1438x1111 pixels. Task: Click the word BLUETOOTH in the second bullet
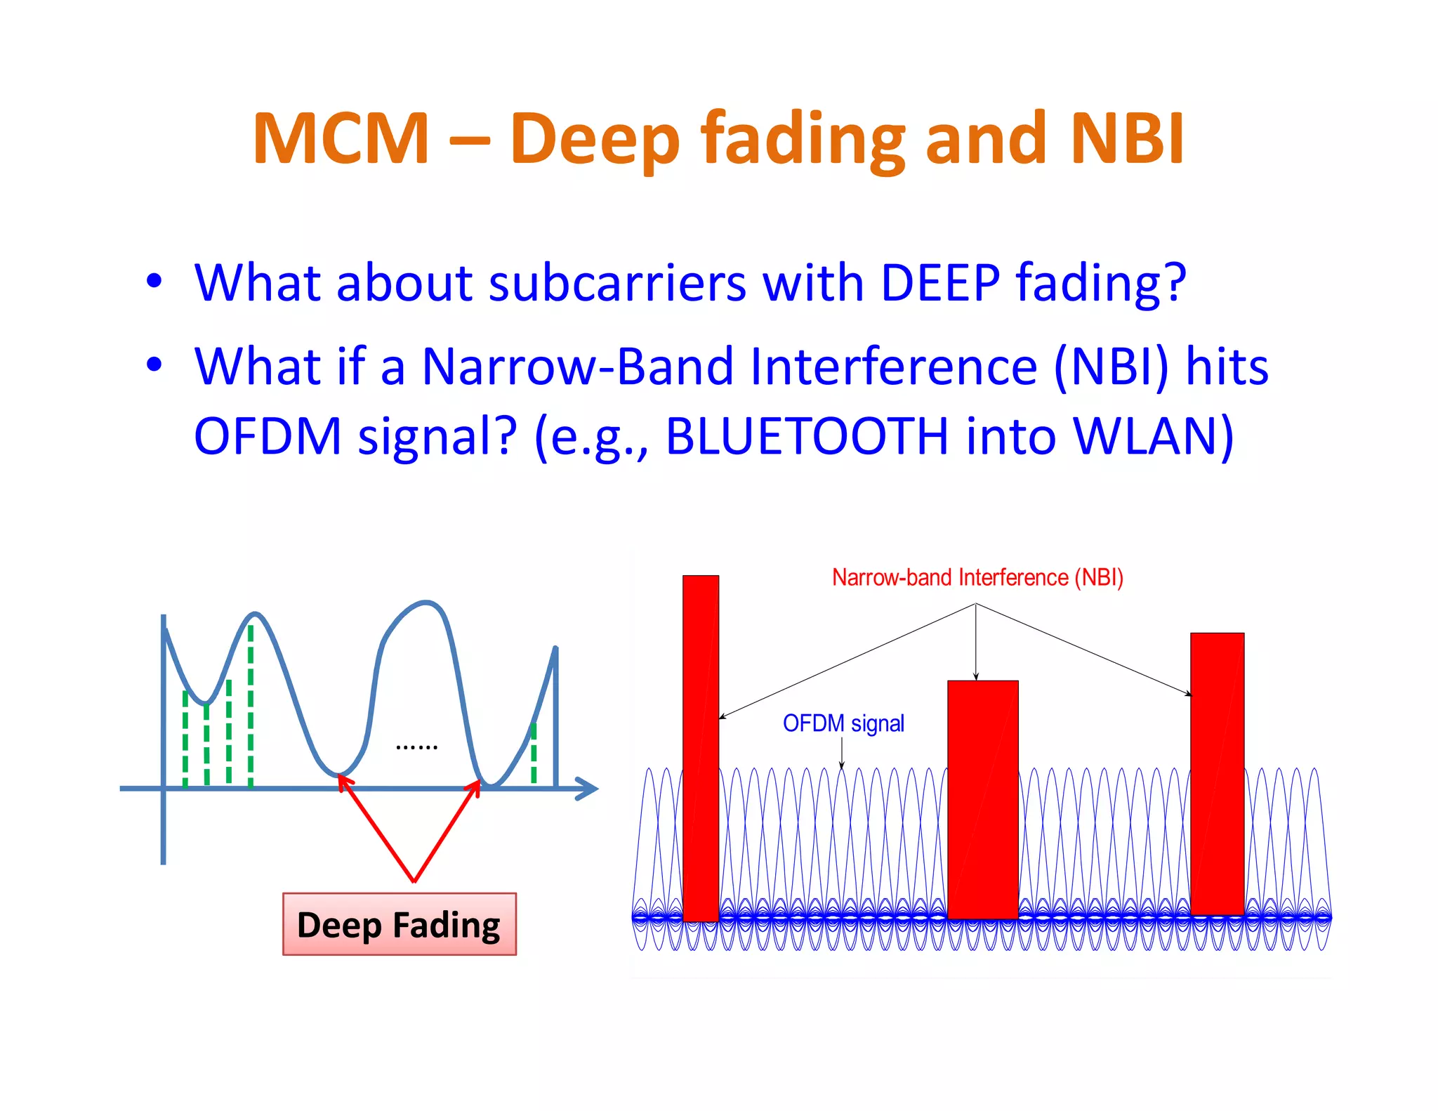tap(807, 437)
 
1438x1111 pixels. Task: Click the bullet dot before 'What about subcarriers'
tap(154, 282)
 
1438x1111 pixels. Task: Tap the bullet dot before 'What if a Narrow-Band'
tap(154, 365)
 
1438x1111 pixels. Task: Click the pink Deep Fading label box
tap(399, 924)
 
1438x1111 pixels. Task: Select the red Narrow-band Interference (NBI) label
tap(977, 577)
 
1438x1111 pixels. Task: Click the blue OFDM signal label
tap(843, 723)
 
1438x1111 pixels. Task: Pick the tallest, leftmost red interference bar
tap(701, 748)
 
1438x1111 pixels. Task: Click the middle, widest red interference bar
tap(982, 799)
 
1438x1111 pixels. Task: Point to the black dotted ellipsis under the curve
tap(416, 747)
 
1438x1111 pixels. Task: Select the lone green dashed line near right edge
tap(534, 753)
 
